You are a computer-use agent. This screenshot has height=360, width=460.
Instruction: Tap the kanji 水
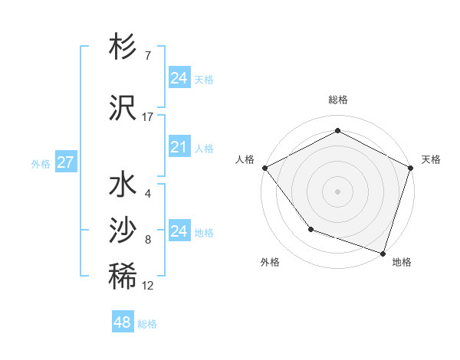[x=123, y=186]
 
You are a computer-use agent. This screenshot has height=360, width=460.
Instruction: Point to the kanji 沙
[x=123, y=230]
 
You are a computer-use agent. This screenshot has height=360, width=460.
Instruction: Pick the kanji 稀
[x=123, y=277]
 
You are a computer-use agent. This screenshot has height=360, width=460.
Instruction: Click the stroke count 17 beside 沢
[x=148, y=117]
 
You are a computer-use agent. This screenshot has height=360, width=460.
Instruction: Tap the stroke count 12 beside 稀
[x=148, y=286]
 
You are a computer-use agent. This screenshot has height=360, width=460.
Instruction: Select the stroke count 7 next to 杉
[x=148, y=56]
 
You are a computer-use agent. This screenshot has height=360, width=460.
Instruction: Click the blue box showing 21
[x=179, y=147]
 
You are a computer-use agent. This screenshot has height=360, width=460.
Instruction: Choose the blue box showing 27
[x=65, y=162]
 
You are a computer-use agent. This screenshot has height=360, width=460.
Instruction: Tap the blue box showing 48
[x=122, y=322]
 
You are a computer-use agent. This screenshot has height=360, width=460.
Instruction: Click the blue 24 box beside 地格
[x=179, y=231]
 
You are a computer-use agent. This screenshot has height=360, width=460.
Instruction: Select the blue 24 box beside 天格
[x=179, y=78]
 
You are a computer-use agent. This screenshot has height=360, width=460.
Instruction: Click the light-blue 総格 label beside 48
[x=147, y=324]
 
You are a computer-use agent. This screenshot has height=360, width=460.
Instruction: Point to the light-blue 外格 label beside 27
[x=41, y=164]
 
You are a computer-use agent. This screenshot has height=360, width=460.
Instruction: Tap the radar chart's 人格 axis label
[x=245, y=159]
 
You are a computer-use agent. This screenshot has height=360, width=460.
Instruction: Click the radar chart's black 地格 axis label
[x=402, y=263]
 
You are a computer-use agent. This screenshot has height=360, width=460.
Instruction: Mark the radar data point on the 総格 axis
[x=337, y=131]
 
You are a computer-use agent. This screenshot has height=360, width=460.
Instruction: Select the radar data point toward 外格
[x=310, y=229]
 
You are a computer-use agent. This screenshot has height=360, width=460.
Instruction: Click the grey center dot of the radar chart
[x=337, y=191]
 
